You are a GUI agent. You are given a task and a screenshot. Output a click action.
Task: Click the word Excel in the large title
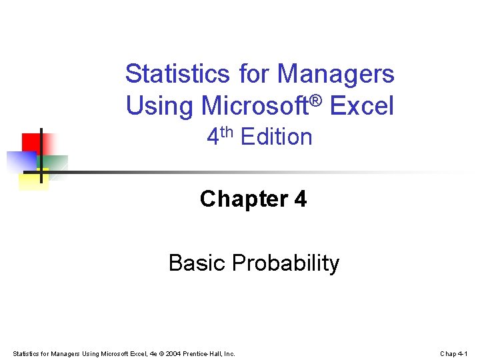pyautogui.click(x=363, y=106)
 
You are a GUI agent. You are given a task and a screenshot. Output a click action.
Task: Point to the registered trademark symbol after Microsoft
pyautogui.click(x=317, y=100)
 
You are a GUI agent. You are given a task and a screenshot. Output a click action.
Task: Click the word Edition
pyautogui.click(x=276, y=137)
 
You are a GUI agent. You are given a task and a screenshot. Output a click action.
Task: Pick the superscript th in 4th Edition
pyautogui.click(x=227, y=131)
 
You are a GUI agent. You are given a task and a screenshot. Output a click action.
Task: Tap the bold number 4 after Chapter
pyautogui.click(x=300, y=199)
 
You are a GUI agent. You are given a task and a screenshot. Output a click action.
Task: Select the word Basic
pyautogui.click(x=197, y=263)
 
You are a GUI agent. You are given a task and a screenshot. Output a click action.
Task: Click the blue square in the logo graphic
pyautogui.click(x=20, y=161)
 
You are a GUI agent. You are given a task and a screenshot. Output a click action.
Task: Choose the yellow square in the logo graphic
pyautogui.click(x=33, y=180)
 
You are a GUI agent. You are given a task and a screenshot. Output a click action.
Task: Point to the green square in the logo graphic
pyautogui.click(x=56, y=164)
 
